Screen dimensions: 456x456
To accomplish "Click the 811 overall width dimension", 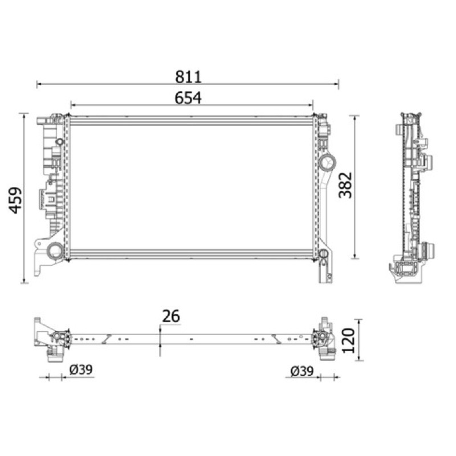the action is (x=188, y=77).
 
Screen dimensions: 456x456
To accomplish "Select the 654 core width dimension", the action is (x=188, y=98).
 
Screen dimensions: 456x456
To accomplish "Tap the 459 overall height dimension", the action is (x=15, y=201).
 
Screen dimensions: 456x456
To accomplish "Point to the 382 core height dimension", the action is (x=345, y=185).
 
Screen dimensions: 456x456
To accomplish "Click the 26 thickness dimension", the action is (x=171, y=316).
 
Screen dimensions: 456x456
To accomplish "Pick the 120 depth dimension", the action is (x=348, y=340).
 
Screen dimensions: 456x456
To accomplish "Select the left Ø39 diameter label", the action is (x=81, y=369).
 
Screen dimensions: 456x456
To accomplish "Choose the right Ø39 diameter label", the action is (x=302, y=371).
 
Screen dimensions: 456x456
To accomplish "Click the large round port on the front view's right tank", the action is (x=327, y=162).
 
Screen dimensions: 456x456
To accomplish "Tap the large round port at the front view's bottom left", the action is (x=54, y=250).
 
